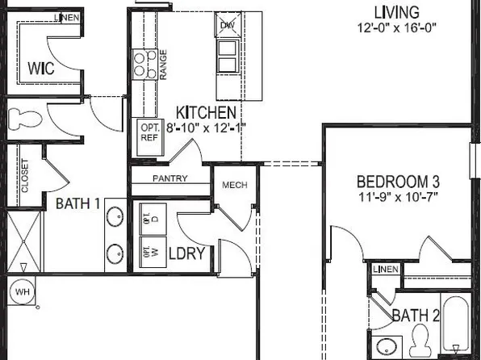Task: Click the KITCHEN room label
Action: point(207,112)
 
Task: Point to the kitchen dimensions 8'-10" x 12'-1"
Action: point(206,127)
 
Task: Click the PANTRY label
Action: point(169,178)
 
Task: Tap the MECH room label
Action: point(235,186)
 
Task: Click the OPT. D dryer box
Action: point(149,217)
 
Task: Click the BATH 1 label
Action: point(77,204)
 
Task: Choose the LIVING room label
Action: point(396,12)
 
